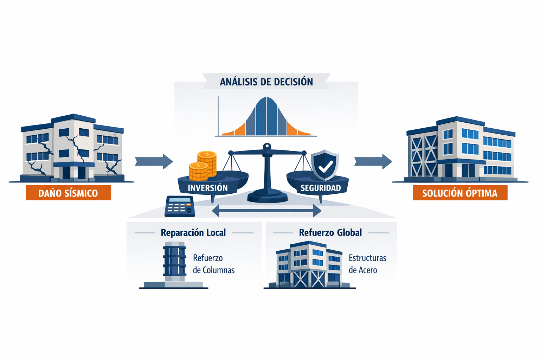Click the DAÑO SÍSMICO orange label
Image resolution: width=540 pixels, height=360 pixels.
[x=68, y=193]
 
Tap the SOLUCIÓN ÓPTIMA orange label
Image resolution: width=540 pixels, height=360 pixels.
[x=460, y=193]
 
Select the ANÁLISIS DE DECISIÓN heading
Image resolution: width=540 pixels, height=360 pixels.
[x=266, y=82]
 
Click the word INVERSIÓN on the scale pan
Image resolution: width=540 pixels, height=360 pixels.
[x=207, y=188]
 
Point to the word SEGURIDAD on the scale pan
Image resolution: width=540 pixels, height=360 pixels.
[x=321, y=188]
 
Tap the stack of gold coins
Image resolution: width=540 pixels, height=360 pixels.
[x=203, y=166]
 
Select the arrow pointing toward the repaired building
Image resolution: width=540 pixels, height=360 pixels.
[x=373, y=161]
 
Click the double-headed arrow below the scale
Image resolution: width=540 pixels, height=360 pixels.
[x=266, y=211]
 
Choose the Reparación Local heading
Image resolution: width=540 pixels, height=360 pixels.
[x=193, y=233]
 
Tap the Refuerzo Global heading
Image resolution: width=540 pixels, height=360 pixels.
[x=330, y=233]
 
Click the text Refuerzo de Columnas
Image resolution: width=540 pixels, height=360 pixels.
[x=213, y=264]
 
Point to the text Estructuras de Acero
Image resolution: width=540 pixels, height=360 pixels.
[x=367, y=264]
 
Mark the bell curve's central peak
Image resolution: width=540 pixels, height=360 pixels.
[x=266, y=100]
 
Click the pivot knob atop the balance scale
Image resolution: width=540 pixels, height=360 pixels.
[x=267, y=146]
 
